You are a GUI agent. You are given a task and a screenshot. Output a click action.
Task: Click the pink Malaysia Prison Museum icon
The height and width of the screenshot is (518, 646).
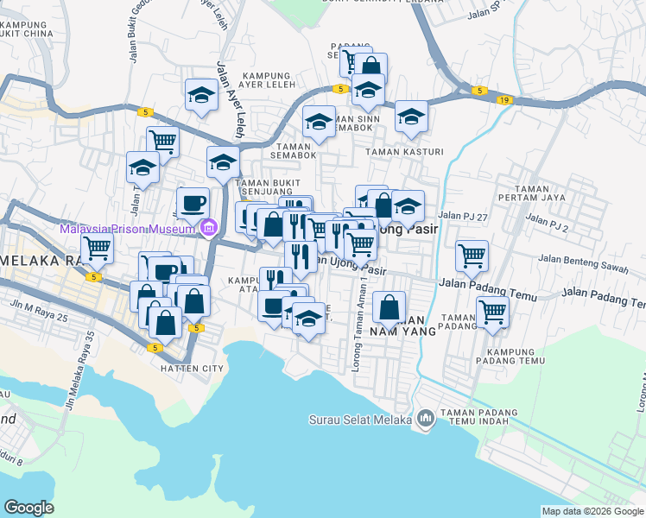tap(207, 229)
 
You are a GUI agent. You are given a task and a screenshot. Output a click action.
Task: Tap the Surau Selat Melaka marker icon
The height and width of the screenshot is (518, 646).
tap(424, 420)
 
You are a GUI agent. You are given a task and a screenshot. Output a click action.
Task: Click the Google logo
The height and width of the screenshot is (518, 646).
tap(28, 508)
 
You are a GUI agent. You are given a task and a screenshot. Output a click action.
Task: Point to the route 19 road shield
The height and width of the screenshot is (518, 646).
tap(504, 100)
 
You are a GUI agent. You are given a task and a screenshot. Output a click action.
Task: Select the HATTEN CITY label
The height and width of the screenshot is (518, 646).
tap(192, 369)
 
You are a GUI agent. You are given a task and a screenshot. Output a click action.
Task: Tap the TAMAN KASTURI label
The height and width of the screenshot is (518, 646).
tap(404, 152)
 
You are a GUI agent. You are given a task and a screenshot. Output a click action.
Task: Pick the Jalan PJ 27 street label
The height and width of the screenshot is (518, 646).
tap(463, 216)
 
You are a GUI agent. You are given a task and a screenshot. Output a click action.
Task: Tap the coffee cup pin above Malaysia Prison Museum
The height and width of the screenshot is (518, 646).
tap(193, 203)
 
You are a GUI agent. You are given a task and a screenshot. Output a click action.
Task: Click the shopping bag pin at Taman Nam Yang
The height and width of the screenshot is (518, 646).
tap(390, 306)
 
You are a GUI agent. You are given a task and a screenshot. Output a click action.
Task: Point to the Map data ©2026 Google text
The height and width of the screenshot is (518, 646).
tap(592, 511)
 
